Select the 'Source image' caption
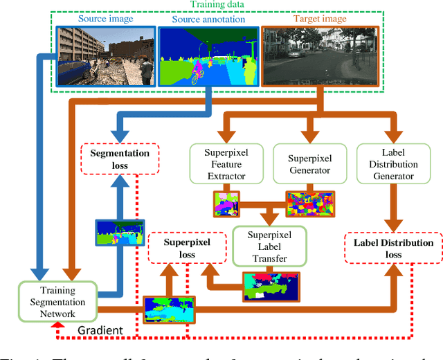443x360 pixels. click(106, 19)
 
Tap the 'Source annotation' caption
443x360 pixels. click(208, 19)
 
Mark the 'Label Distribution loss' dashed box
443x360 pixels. click(393, 249)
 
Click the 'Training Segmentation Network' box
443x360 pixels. click(58, 302)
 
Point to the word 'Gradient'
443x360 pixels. click(100, 330)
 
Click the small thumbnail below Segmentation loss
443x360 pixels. click(120, 233)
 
